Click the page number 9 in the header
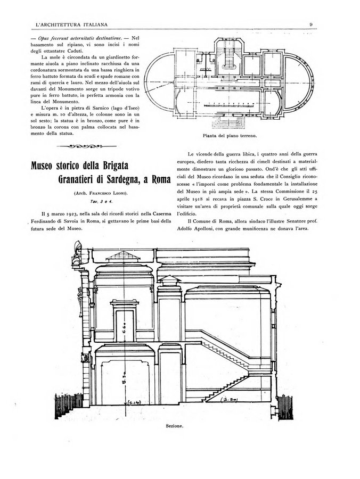click(310, 23)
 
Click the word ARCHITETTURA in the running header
click(60, 23)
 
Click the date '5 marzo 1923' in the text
click(59, 212)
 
